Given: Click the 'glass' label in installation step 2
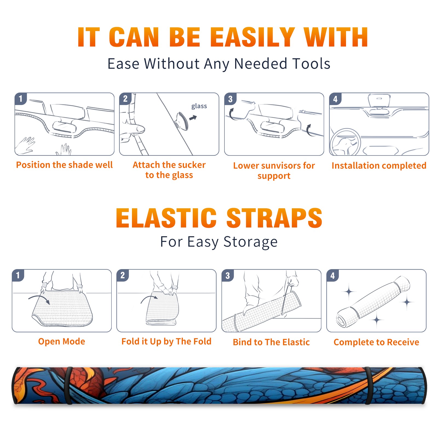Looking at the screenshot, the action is (x=199, y=106).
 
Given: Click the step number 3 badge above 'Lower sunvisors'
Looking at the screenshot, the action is (x=230, y=99).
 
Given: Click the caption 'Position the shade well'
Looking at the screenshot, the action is (x=64, y=165).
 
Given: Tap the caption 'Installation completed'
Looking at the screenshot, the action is (x=379, y=165).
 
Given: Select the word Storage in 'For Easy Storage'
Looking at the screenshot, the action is (x=250, y=242).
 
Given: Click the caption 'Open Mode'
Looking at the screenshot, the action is (x=62, y=341).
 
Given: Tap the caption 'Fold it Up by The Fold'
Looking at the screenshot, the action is (x=166, y=341).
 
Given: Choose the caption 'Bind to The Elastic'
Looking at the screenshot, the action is (x=271, y=342).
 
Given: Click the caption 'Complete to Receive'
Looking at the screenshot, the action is (x=376, y=342).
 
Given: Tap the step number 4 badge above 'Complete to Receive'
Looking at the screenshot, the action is (x=333, y=275).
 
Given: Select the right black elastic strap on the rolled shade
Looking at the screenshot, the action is (x=368, y=386).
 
